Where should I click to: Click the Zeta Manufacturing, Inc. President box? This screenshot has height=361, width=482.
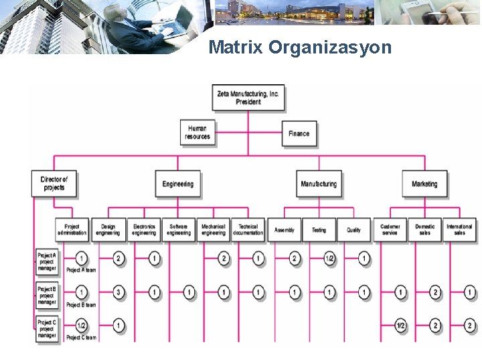pos(248,98)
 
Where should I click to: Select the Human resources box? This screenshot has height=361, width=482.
pos(197,132)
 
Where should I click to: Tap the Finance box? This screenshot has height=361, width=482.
pos(299,133)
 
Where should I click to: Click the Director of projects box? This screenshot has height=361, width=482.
pos(54,183)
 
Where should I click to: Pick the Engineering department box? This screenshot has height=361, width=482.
pos(177,184)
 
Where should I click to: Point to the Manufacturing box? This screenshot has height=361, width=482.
pos(319,184)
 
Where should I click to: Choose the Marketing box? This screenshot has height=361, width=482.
pos(424,184)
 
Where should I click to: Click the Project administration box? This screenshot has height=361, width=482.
pos(72,229)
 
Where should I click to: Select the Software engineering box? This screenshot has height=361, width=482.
pos(179,229)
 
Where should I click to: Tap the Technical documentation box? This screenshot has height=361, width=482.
pos(248,229)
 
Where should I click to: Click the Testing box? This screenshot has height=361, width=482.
pos(319,229)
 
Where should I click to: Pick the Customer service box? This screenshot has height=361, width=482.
pos(390,229)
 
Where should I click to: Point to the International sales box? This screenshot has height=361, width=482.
pos(459,229)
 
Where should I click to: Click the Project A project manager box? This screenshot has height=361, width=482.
pos(47,261)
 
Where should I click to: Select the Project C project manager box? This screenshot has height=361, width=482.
pos(47,329)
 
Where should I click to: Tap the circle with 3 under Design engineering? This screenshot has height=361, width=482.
pos(118,292)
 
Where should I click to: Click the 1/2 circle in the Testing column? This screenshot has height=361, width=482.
pos(329,259)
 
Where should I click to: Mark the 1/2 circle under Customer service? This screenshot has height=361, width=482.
pos(400,326)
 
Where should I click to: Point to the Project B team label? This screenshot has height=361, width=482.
pos(81,305)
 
